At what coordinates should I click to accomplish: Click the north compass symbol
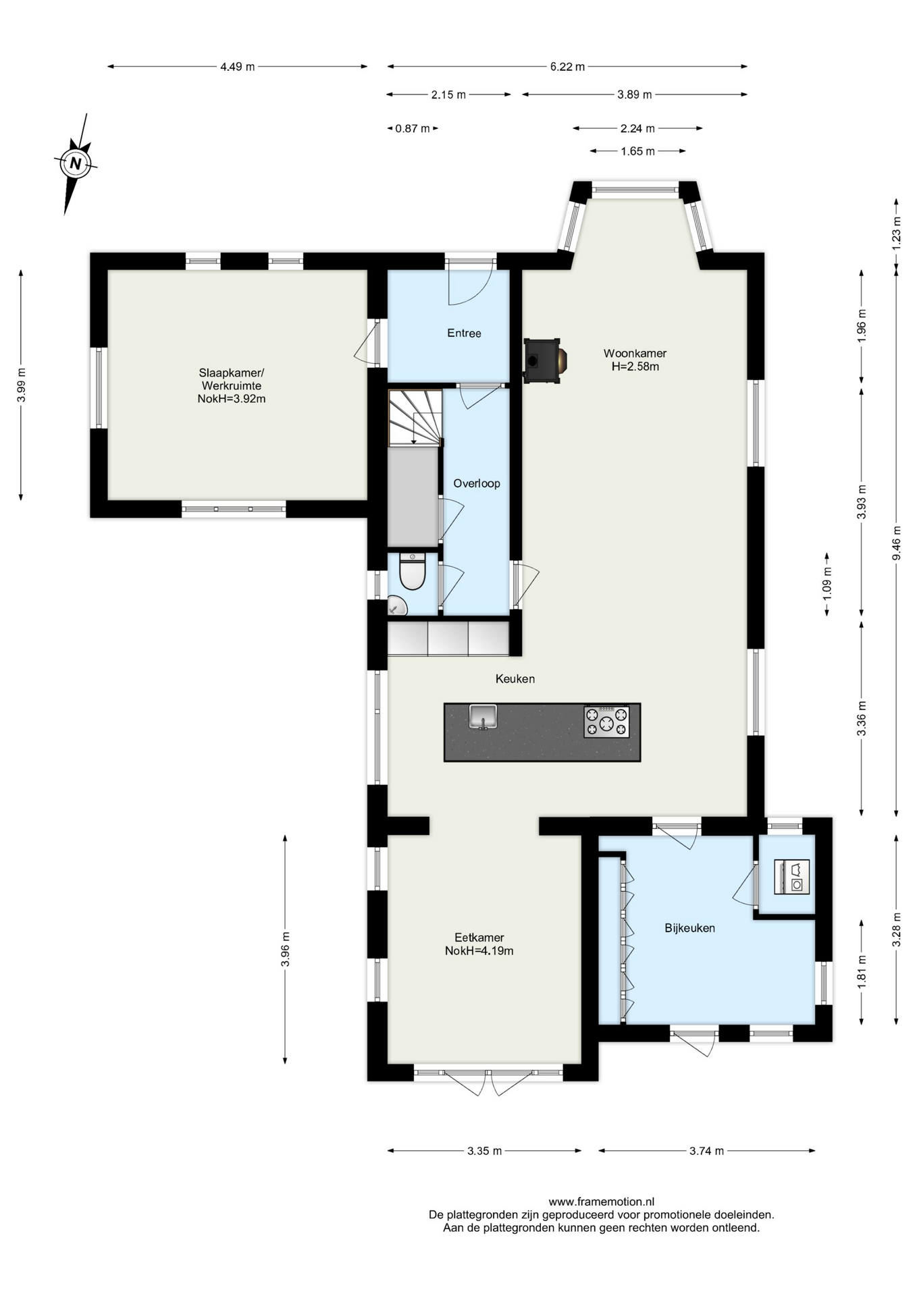[x=76, y=163]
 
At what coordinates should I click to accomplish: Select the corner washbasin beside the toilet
[x=397, y=606]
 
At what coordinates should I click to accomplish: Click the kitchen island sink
[x=483, y=716]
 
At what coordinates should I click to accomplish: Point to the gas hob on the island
[x=606, y=722]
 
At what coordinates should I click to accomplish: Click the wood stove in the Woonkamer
[x=544, y=360]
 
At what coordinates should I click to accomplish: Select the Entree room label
[x=464, y=333]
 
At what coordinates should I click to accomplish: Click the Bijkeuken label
[x=689, y=928]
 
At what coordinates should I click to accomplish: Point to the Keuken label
[x=515, y=679]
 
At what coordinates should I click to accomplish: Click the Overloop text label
[x=477, y=483]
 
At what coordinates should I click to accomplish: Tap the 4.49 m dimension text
[x=238, y=67]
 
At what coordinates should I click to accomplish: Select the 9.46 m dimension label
[x=896, y=543]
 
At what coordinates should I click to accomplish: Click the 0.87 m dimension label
[x=413, y=128]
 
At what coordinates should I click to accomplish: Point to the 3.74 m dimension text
[x=706, y=1151]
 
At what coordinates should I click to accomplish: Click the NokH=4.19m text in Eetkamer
[x=479, y=951]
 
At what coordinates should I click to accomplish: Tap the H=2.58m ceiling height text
[x=635, y=367]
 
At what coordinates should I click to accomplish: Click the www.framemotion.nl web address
[x=601, y=1201]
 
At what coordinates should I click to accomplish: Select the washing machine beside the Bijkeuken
[x=791, y=878]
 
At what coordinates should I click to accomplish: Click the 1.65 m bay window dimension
[x=637, y=151]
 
